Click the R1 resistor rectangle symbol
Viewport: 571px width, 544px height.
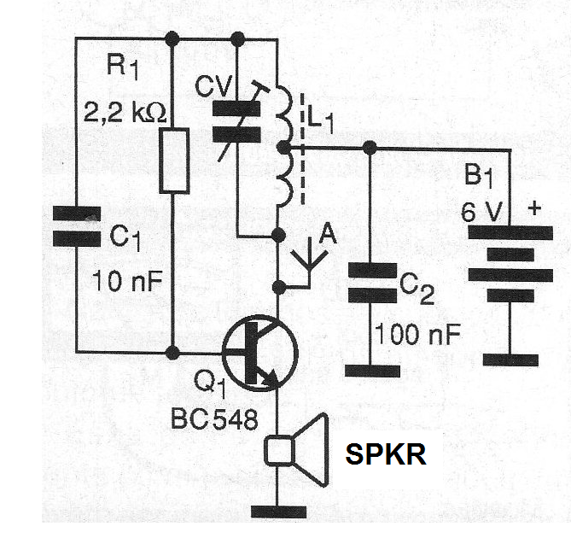(174, 161)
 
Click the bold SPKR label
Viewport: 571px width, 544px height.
(386, 454)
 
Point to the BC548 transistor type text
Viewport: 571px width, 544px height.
(214, 418)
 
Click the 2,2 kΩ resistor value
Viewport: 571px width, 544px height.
(125, 113)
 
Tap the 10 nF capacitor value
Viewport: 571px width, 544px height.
(127, 281)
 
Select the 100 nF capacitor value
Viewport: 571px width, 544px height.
(417, 334)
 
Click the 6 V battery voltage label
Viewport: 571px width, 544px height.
(481, 212)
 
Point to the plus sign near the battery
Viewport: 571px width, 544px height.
(534, 208)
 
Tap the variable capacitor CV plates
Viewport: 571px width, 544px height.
(236, 121)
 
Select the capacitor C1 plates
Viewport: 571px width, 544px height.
(77, 226)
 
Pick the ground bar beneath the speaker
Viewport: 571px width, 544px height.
(278, 512)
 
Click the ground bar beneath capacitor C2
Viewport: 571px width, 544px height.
(372, 371)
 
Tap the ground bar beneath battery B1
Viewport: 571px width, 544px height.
(510, 360)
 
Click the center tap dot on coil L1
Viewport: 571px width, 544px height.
(283, 148)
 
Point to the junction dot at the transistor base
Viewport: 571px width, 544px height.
(172, 353)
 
